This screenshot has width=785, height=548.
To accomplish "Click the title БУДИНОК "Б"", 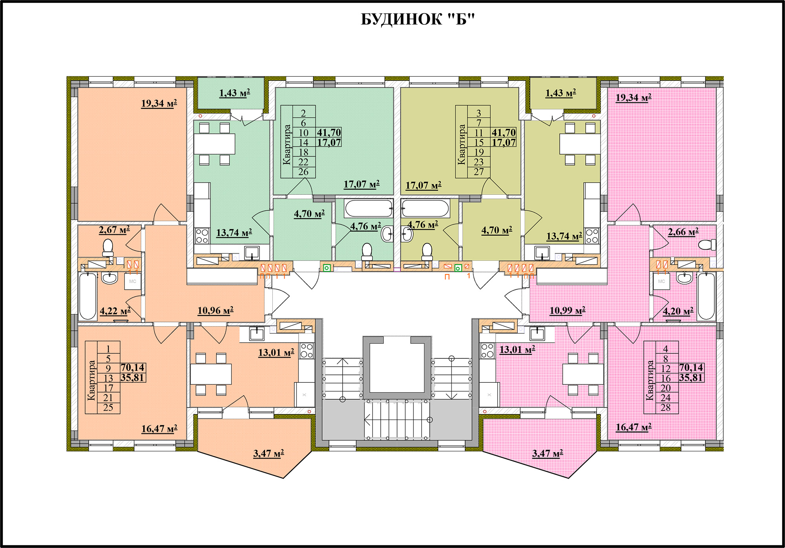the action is tap(418, 19).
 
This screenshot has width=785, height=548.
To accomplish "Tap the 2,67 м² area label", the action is tap(114, 230).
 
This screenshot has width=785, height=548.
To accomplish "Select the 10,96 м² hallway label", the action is tap(215, 311).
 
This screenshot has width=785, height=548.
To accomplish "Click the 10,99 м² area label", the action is tap(567, 311).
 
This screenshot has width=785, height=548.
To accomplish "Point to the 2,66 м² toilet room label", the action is tap(683, 232).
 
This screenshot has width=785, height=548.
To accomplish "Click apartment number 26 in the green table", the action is tap(303, 172).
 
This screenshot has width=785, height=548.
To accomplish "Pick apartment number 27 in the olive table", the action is tap(478, 172).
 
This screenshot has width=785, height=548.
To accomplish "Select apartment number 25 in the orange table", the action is tap(108, 408).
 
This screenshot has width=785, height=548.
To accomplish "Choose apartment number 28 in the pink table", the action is tap(666, 408).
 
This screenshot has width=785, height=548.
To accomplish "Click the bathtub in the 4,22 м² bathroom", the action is tap(88, 296).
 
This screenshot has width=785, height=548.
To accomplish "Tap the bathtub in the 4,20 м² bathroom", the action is tap(706, 296).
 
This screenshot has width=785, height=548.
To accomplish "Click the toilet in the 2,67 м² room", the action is tap(108, 248).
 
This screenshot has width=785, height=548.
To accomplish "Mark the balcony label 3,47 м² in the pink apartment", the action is tap(548, 453).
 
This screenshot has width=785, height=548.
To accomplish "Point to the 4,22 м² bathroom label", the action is tap(115, 311).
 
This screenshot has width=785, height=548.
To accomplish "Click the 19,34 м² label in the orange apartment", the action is tap(159, 103).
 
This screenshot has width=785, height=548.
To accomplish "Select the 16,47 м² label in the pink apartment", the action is tap(633, 427).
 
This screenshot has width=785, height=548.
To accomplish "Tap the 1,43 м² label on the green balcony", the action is tap(235, 93).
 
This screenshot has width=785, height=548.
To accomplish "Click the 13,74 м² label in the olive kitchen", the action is tap(564, 236).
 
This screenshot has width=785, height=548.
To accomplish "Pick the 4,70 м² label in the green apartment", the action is tap(309, 214).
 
